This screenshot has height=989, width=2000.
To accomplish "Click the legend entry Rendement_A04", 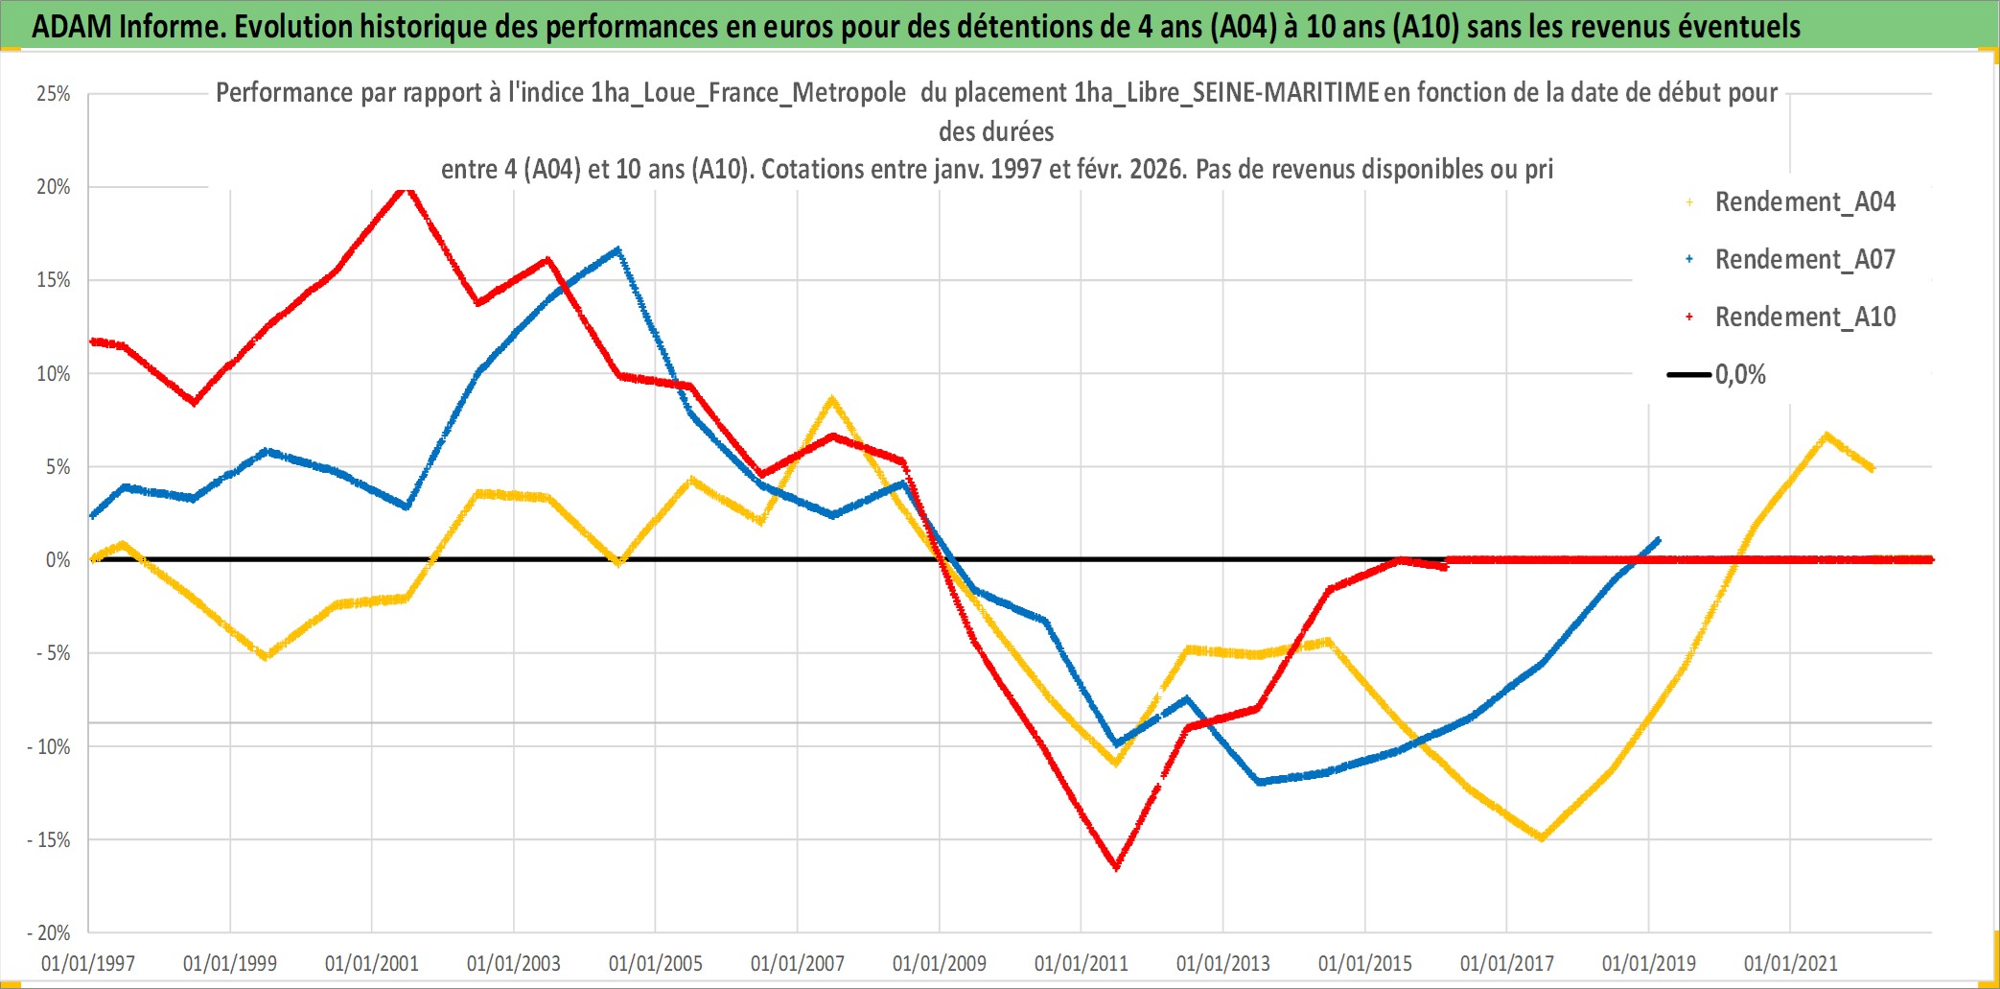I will click(1804, 202).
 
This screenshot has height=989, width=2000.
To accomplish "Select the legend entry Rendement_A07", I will click(1804, 260).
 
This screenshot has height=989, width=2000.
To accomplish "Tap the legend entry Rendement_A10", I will click(1804, 318).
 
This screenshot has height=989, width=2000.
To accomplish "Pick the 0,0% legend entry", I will click(1739, 375).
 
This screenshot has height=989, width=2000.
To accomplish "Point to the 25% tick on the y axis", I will click(54, 94).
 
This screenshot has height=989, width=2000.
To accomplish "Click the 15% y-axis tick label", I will click(54, 280).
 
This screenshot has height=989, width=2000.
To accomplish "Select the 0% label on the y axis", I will click(58, 560).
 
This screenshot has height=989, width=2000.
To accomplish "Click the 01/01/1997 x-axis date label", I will click(88, 963).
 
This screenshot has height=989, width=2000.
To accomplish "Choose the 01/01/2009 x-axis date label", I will click(940, 963).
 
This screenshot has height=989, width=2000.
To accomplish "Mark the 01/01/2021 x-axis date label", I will click(1791, 963).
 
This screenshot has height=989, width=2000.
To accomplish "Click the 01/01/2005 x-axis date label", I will click(656, 963).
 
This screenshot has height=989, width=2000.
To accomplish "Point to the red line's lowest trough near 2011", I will click(1117, 867).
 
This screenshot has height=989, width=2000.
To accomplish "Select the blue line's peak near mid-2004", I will click(618, 250).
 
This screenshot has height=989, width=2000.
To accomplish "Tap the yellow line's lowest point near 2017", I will click(1541, 838).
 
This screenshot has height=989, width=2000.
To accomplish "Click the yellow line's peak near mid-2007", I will click(831, 399).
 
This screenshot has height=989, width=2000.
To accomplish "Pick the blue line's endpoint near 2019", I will click(1658, 540).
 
